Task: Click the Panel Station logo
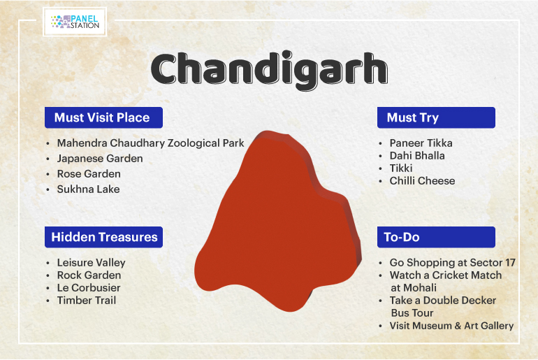[75, 22]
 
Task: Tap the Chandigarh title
[269, 70]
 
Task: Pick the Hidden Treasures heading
[103, 237]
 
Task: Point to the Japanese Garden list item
[100, 159]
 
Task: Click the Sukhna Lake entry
[88, 189]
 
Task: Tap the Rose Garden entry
[89, 173]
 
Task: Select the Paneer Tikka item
[421, 143]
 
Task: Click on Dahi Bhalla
[417, 155]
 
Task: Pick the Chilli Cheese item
[423, 180]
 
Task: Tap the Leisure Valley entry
[92, 263]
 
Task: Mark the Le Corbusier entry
[89, 287]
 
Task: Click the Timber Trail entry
[87, 301]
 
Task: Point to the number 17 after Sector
[510, 263]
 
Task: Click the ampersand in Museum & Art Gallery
[458, 326]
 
